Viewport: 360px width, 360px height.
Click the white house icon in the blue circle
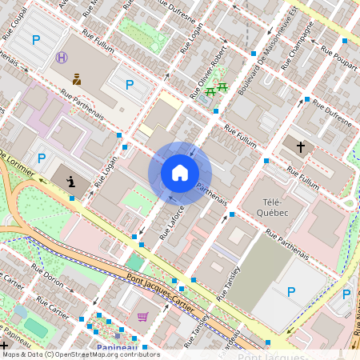tap(180, 172)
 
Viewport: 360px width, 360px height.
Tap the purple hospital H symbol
tap(62, 58)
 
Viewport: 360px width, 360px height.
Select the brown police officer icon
tap(77, 78)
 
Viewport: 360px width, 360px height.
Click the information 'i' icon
tap(72, 182)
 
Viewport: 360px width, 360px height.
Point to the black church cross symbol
tap(301, 147)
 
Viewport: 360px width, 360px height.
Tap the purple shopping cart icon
tap(142, 317)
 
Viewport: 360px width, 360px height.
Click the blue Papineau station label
tap(118, 347)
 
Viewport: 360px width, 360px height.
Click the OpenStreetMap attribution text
tap(80, 354)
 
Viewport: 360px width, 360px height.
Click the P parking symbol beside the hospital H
tap(35, 39)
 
